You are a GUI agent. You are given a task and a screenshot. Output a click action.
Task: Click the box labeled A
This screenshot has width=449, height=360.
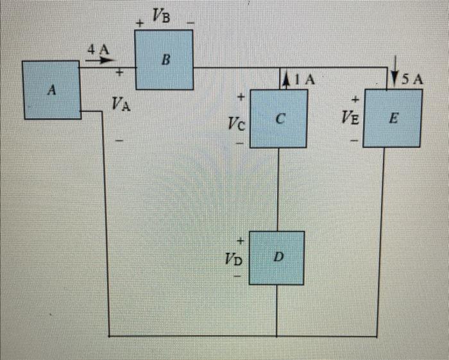52,90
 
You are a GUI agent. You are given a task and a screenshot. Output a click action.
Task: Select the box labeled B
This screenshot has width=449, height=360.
164,60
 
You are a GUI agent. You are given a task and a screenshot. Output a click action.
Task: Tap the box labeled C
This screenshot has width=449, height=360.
278,119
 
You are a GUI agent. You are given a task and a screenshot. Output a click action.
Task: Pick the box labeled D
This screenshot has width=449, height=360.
276,257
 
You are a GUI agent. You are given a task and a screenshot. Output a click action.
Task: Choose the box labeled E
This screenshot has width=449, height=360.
393,119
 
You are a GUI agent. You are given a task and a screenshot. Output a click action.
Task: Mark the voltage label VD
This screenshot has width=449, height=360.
234,259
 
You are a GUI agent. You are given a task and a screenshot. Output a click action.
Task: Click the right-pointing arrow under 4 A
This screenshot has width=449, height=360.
97,62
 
